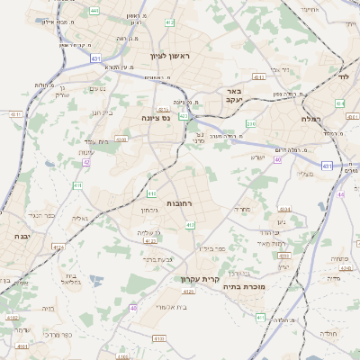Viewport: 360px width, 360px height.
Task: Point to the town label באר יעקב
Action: [x=233, y=95]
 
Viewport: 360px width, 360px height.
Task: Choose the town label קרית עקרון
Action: [x=201, y=279]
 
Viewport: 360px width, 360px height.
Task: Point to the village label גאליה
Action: [x=80, y=219]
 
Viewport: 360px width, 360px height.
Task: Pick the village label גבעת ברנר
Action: [x=156, y=259]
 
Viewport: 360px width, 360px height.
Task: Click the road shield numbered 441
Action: [x=94, y=11]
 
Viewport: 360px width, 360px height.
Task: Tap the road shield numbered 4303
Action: [x=121, y=139]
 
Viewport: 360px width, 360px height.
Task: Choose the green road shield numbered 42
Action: [x=86, y=163]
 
